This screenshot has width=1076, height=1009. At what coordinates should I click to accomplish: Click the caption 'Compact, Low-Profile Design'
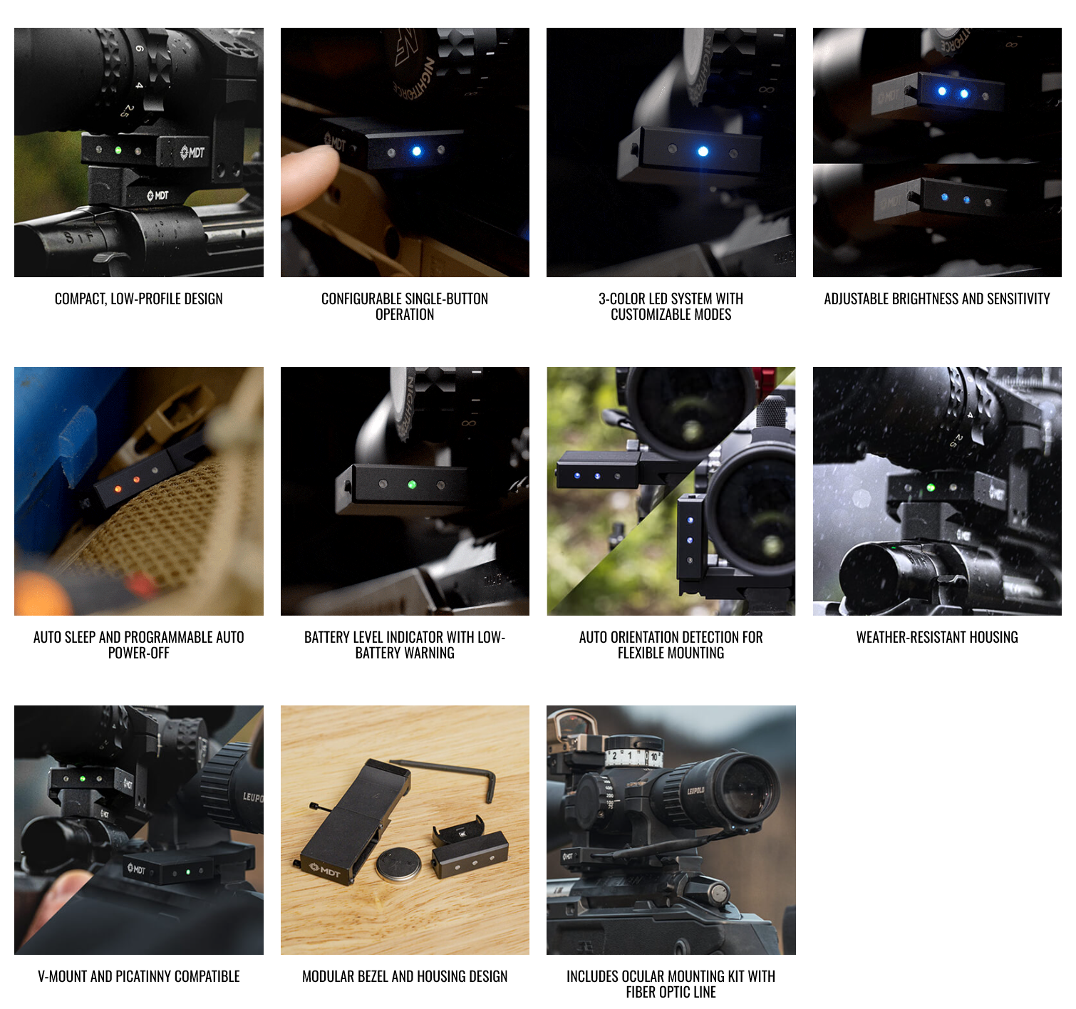pyautogui.click(x=139, y=299)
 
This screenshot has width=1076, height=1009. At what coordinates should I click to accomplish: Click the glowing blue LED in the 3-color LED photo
pyautogui.click(x=703, y=151)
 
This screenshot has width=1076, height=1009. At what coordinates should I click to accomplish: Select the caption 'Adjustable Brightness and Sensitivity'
pyautogui.click(x=937, y=299)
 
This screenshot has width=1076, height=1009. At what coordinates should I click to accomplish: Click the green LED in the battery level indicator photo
pyautogui.click(x=412, y=485)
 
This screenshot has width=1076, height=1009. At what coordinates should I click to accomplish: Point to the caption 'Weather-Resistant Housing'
pyautogui.click(x=937, y=637)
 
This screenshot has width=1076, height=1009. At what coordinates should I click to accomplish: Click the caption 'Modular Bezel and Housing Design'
pyautogui.click(x=405, y=976)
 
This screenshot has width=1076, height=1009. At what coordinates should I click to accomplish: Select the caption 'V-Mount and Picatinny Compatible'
pyautogui.click(x=139, y=976)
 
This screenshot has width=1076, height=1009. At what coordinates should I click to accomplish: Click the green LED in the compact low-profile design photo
pyautogui.click(x=118, y=150)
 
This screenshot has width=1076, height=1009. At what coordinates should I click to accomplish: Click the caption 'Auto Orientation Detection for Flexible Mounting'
pyautogui.click(x=671, y=645)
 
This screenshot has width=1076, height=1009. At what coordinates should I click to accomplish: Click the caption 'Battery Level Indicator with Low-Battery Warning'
pyautogui.click(x=405, y=645)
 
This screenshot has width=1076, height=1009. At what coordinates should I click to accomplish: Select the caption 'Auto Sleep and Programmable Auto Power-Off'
pyautogui.click(x=139, y=645)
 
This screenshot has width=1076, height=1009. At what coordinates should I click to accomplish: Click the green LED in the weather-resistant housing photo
pyautogui.click(x=931, y=487)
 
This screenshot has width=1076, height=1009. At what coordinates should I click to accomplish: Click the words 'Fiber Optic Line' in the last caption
pyautogui.click(x=671, y=992)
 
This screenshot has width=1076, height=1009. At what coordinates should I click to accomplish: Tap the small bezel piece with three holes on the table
pyautogui.click(x=470, y=854)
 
